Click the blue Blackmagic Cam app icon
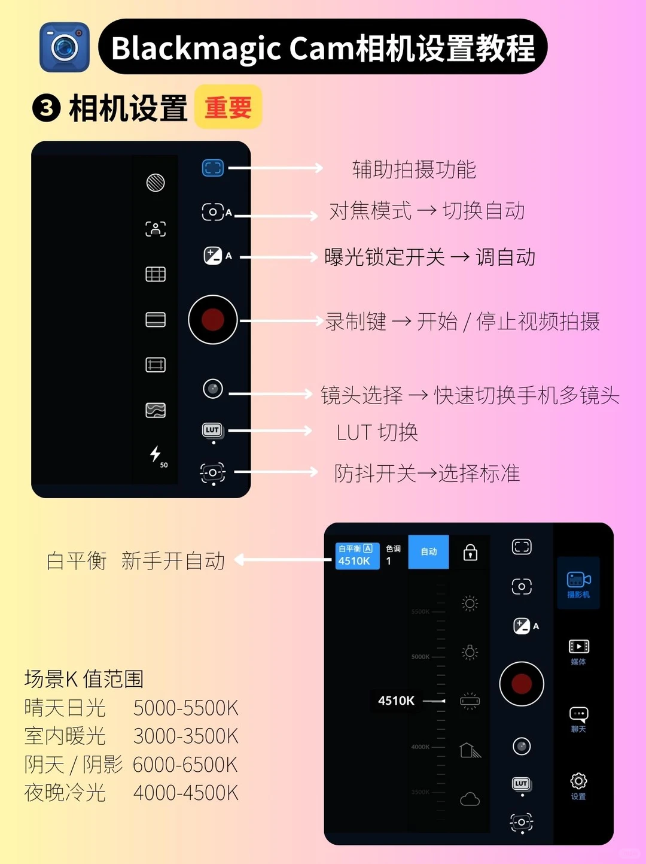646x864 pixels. coord(65,47)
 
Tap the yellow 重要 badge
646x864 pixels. coord(228,107)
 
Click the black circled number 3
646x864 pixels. coord(47,108)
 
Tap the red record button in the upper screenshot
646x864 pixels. coord(213,320)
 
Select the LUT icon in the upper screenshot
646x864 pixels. coord(212,430)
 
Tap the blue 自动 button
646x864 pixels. coord(428,551)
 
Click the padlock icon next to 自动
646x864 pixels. coord(470,552)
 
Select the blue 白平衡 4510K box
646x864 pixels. coord(357,555)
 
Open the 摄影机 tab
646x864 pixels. coord(578,584)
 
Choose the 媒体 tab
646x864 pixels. coord(578,651)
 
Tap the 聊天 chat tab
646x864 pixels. coord(578,719)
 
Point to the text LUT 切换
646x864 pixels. coord(377,432)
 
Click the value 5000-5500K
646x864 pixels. coord(185,708)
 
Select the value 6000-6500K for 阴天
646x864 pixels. coord(185,765)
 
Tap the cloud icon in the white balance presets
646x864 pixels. coord(470,799)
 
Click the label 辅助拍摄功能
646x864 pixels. coord(414,169)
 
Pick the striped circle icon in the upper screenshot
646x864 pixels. coord(156,183)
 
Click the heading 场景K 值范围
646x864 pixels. coord(84,679)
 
